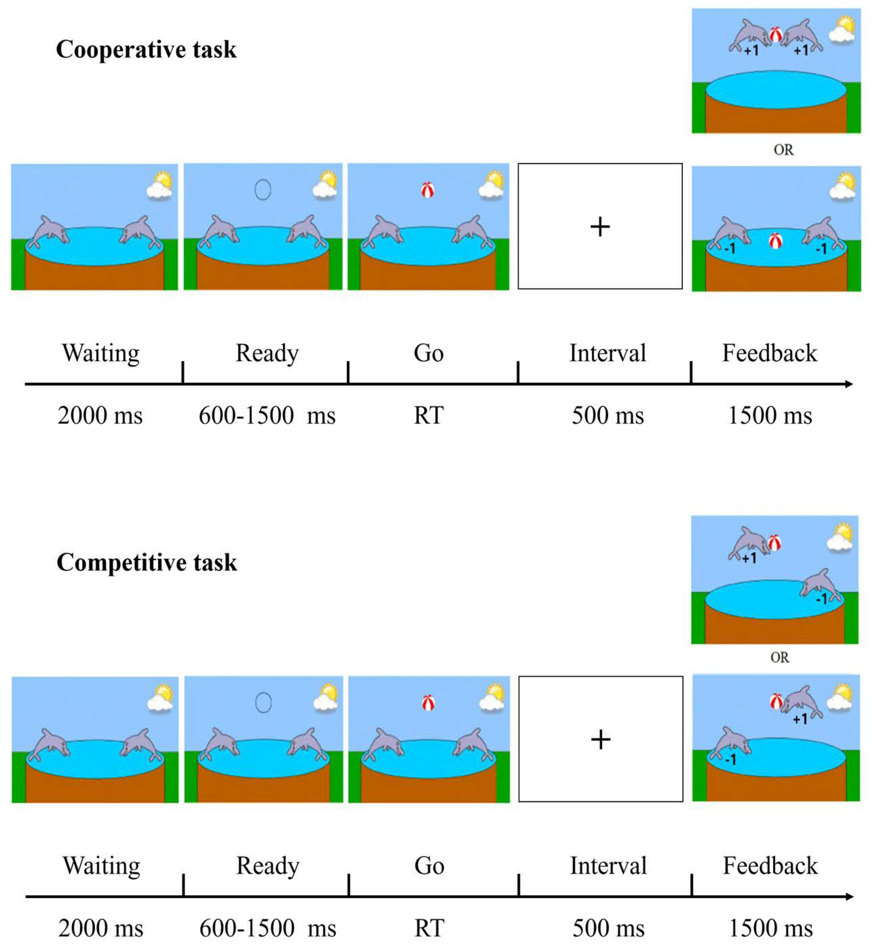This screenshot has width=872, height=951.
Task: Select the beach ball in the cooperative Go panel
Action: pyautogui.click(x=427, y=191)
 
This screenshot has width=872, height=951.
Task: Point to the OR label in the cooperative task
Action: pyautogui.click(x=783, y=150)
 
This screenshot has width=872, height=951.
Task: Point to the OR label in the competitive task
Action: pyautogui.click(x=779, y=658)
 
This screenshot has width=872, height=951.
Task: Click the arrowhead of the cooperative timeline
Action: pyautogui.click(x=848, y=384)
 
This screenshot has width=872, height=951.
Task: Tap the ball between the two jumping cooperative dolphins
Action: pyautogui.click(x=775, y=35)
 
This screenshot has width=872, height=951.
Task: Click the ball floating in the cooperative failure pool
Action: pyautogui.click(x=775, y=241)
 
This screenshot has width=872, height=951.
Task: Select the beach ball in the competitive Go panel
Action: pyautogui.click(x=428, y=703)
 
